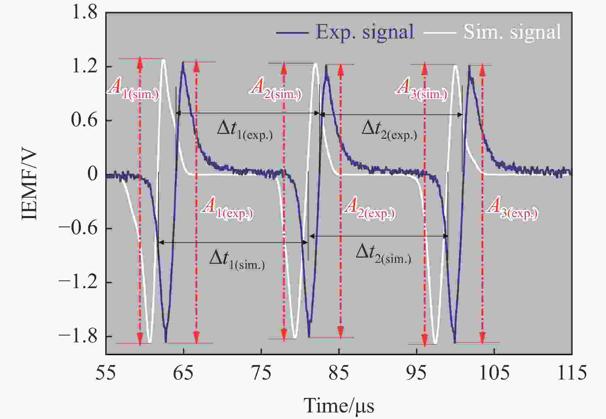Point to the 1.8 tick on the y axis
pyautogui.click(x=85, y=13)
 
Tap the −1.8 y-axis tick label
pyautogui.click(x=78, y=336)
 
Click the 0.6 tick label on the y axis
pyautogui.click(x=85, y=120)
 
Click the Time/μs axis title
pyautogui.click(x=339, y=405)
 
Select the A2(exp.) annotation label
pyautogui.click(x=369, y=209)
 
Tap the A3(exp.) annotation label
pyautogui.click(x=512, y=209)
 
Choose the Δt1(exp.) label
pyautogui.click(x=245, y=130)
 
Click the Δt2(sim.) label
pyautogui.click(x=383, y=255)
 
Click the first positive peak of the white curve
pyautogui.click(x=163, y=60)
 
